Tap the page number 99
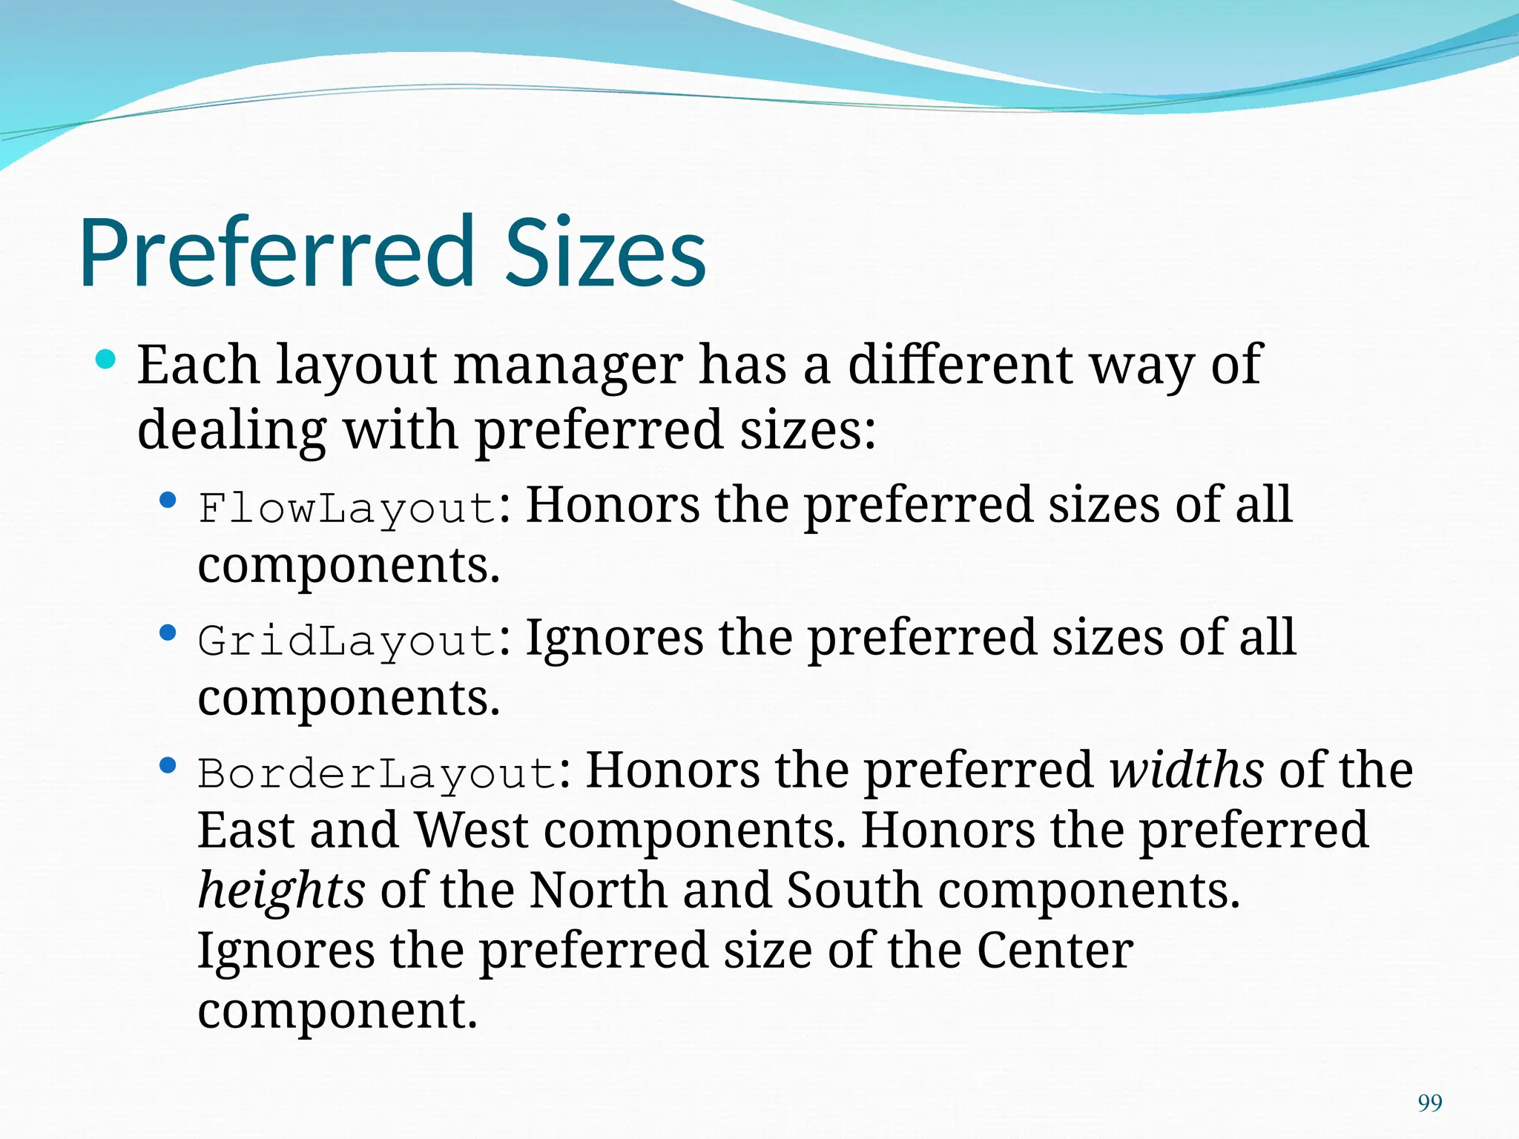(x=1429, y=1103)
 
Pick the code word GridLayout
(x=347, y=641)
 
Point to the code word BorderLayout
(x=378, y=774)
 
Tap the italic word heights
(x=281, y=890)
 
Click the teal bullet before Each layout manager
(x=106, y=360)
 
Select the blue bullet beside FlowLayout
(x=168, y=501)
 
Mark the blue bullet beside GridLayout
(x=168, y=633)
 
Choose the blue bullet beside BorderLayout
(x=168, y=765)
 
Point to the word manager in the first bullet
(x=568, y=366)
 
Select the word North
(x=598, y=890)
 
